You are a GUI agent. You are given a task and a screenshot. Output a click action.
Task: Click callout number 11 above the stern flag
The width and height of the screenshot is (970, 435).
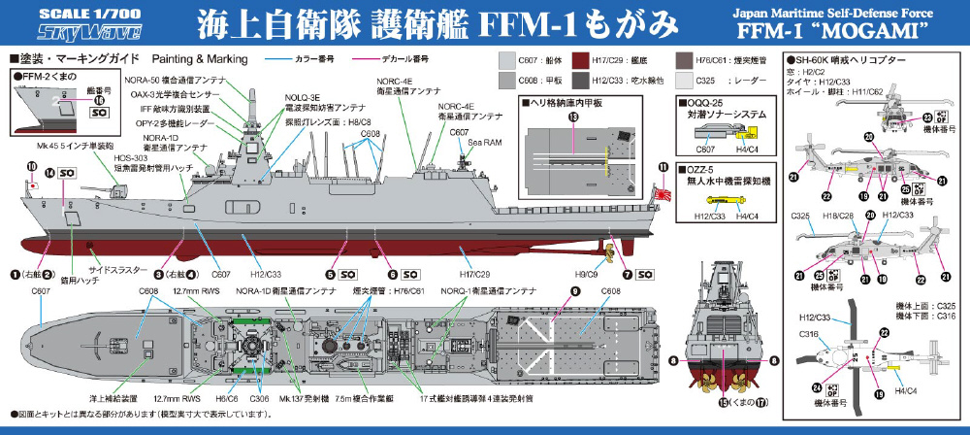(x=663, y=167)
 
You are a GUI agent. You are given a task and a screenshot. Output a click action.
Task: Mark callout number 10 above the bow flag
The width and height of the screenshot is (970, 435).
(x=32, y=167)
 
